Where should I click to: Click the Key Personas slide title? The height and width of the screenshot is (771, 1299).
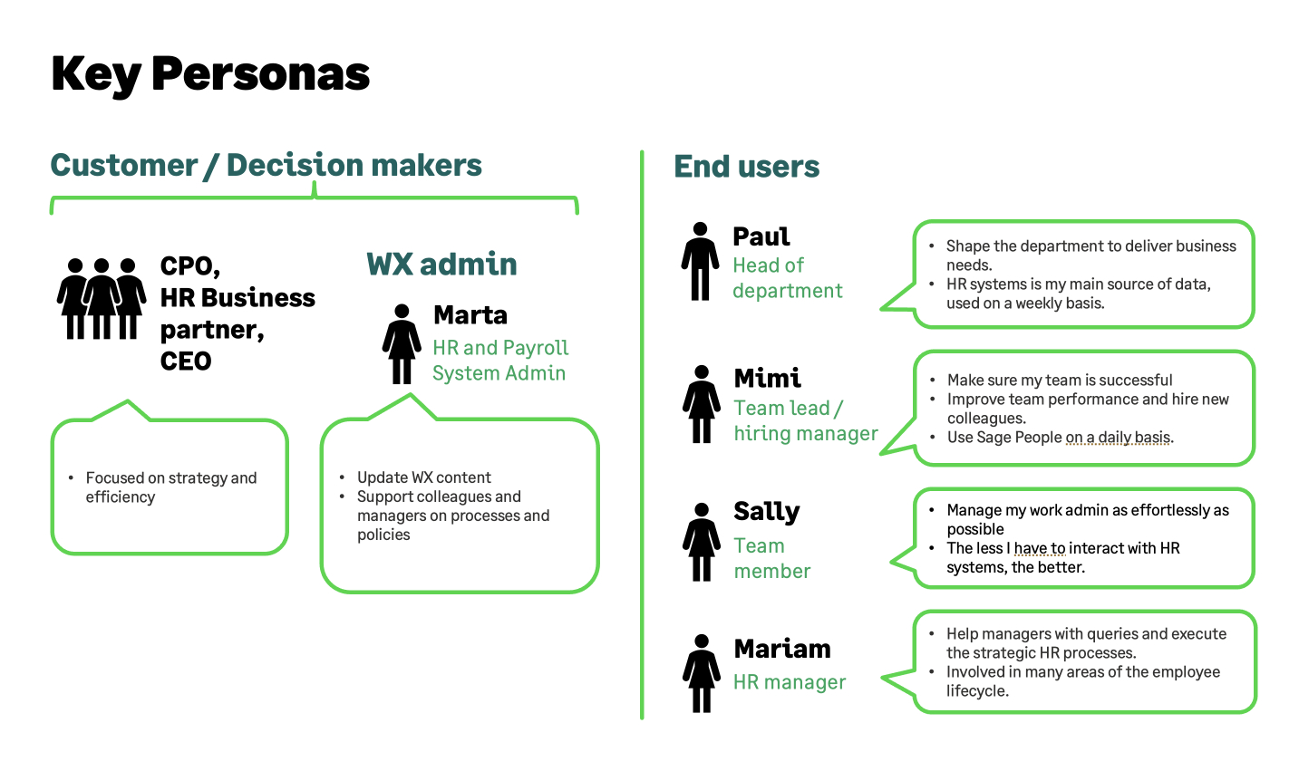tap(210, 74)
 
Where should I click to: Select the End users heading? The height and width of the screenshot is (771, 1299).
tap(746, 167)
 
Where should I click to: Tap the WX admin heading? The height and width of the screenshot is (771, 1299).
tap(441, 264)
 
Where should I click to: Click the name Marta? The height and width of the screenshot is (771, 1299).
tap(470, 314)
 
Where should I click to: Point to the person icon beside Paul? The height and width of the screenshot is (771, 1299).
tap(700, 261)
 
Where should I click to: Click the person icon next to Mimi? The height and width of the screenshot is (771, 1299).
tap(702, 404)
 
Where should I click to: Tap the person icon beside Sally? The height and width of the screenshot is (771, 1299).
tap(702, 541)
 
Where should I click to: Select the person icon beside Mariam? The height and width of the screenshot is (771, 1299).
tap(702, 673)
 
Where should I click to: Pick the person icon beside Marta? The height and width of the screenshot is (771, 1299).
tap(402, 344)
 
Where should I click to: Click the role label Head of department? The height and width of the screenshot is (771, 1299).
tap(787, 278)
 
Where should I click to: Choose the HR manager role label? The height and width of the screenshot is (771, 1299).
tap(789, 682)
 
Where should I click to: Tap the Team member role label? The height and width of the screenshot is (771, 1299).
tap(771, 558)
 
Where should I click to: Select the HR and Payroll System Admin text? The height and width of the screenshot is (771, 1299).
tap(500, 361)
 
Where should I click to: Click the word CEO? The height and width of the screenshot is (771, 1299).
tap(186, 361)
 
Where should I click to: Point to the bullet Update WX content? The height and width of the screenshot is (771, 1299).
tap(423, 477)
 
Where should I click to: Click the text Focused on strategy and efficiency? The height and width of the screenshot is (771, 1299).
tap(170, 487)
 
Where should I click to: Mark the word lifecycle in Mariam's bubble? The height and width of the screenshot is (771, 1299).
tap(976, 691)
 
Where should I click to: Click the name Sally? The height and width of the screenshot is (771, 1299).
tap(766, 512)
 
